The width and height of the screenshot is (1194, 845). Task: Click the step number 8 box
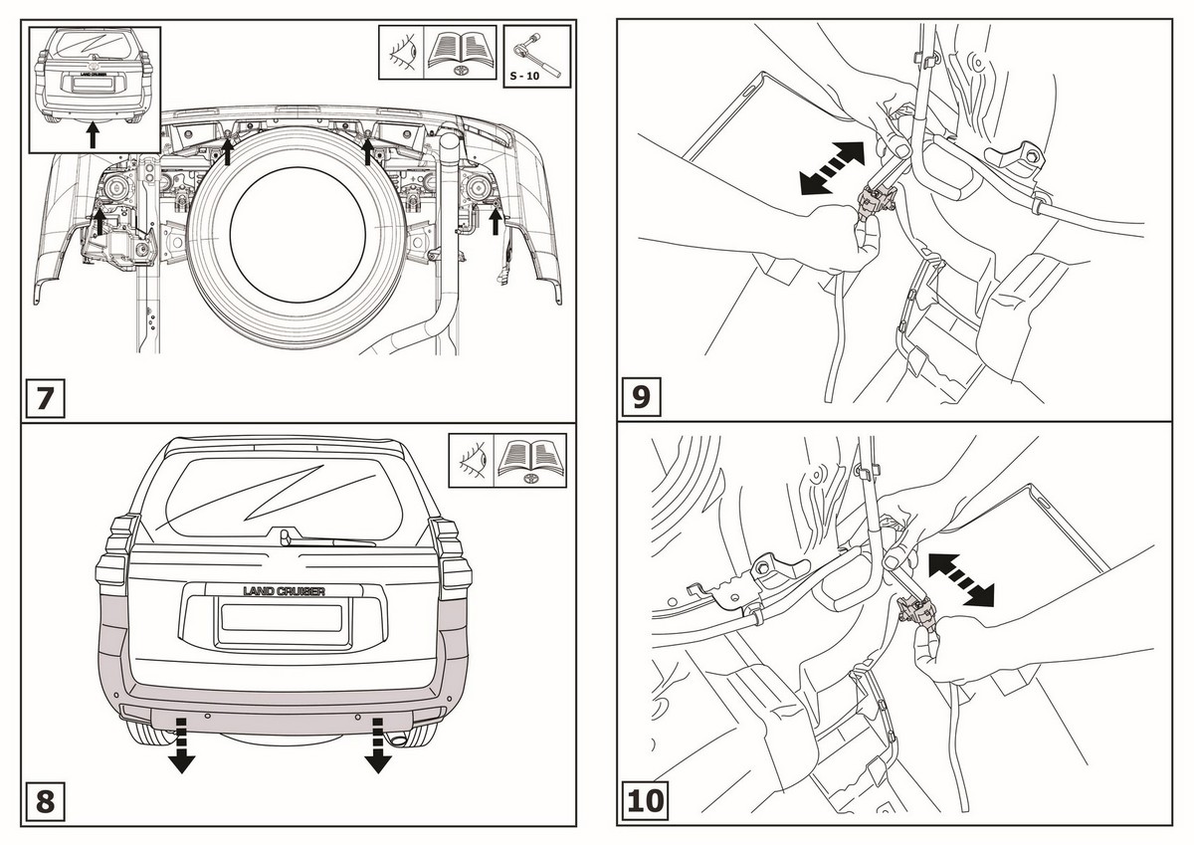(46, 800)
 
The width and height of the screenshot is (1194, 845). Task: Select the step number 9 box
(642, 397)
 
